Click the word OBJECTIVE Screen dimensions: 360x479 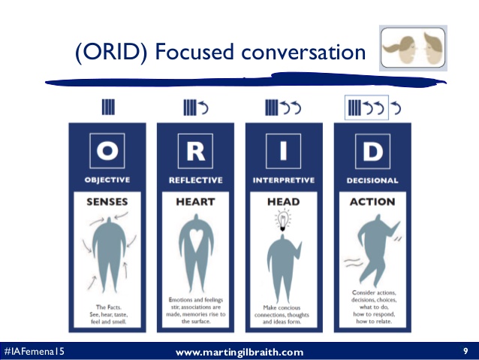click(x=107, y=180)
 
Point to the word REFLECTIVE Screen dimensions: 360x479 click(x=195, y=180)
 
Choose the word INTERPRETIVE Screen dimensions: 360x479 click(x=283, y=180)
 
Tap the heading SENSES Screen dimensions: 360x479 click(x=107, y=201)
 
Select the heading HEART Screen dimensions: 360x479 click(x=195, y=201)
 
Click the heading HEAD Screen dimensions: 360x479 click(x=284, y=201)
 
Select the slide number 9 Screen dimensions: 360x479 click(x=465, y=351)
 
